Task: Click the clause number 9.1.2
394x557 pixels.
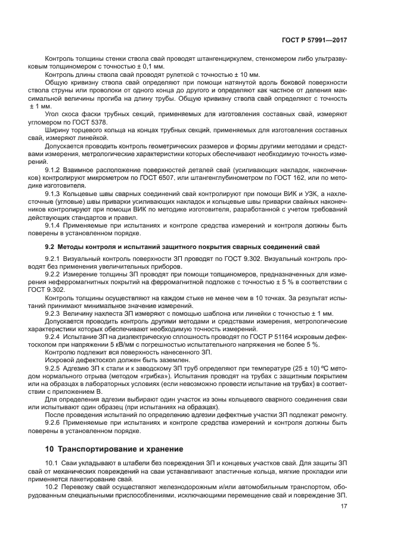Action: coord(55,170)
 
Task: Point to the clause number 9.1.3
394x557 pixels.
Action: coord(55,194)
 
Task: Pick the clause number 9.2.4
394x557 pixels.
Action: coord(55,337)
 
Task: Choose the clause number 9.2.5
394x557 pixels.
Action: coord(55,368)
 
